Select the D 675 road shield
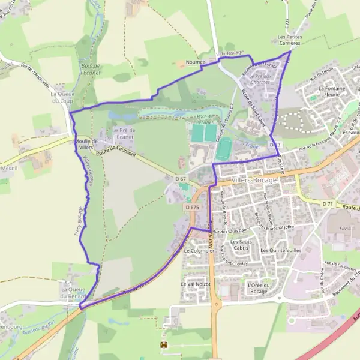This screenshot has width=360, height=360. point(192,207)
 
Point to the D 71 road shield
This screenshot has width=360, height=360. point(327,204)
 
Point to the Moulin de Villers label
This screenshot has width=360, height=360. point(86,143)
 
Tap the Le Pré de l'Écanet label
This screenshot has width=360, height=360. point(123,133)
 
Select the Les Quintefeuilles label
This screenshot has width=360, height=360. point(281,250)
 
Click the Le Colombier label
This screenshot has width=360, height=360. point(199,250)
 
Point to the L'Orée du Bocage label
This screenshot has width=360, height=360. point(260,287)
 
